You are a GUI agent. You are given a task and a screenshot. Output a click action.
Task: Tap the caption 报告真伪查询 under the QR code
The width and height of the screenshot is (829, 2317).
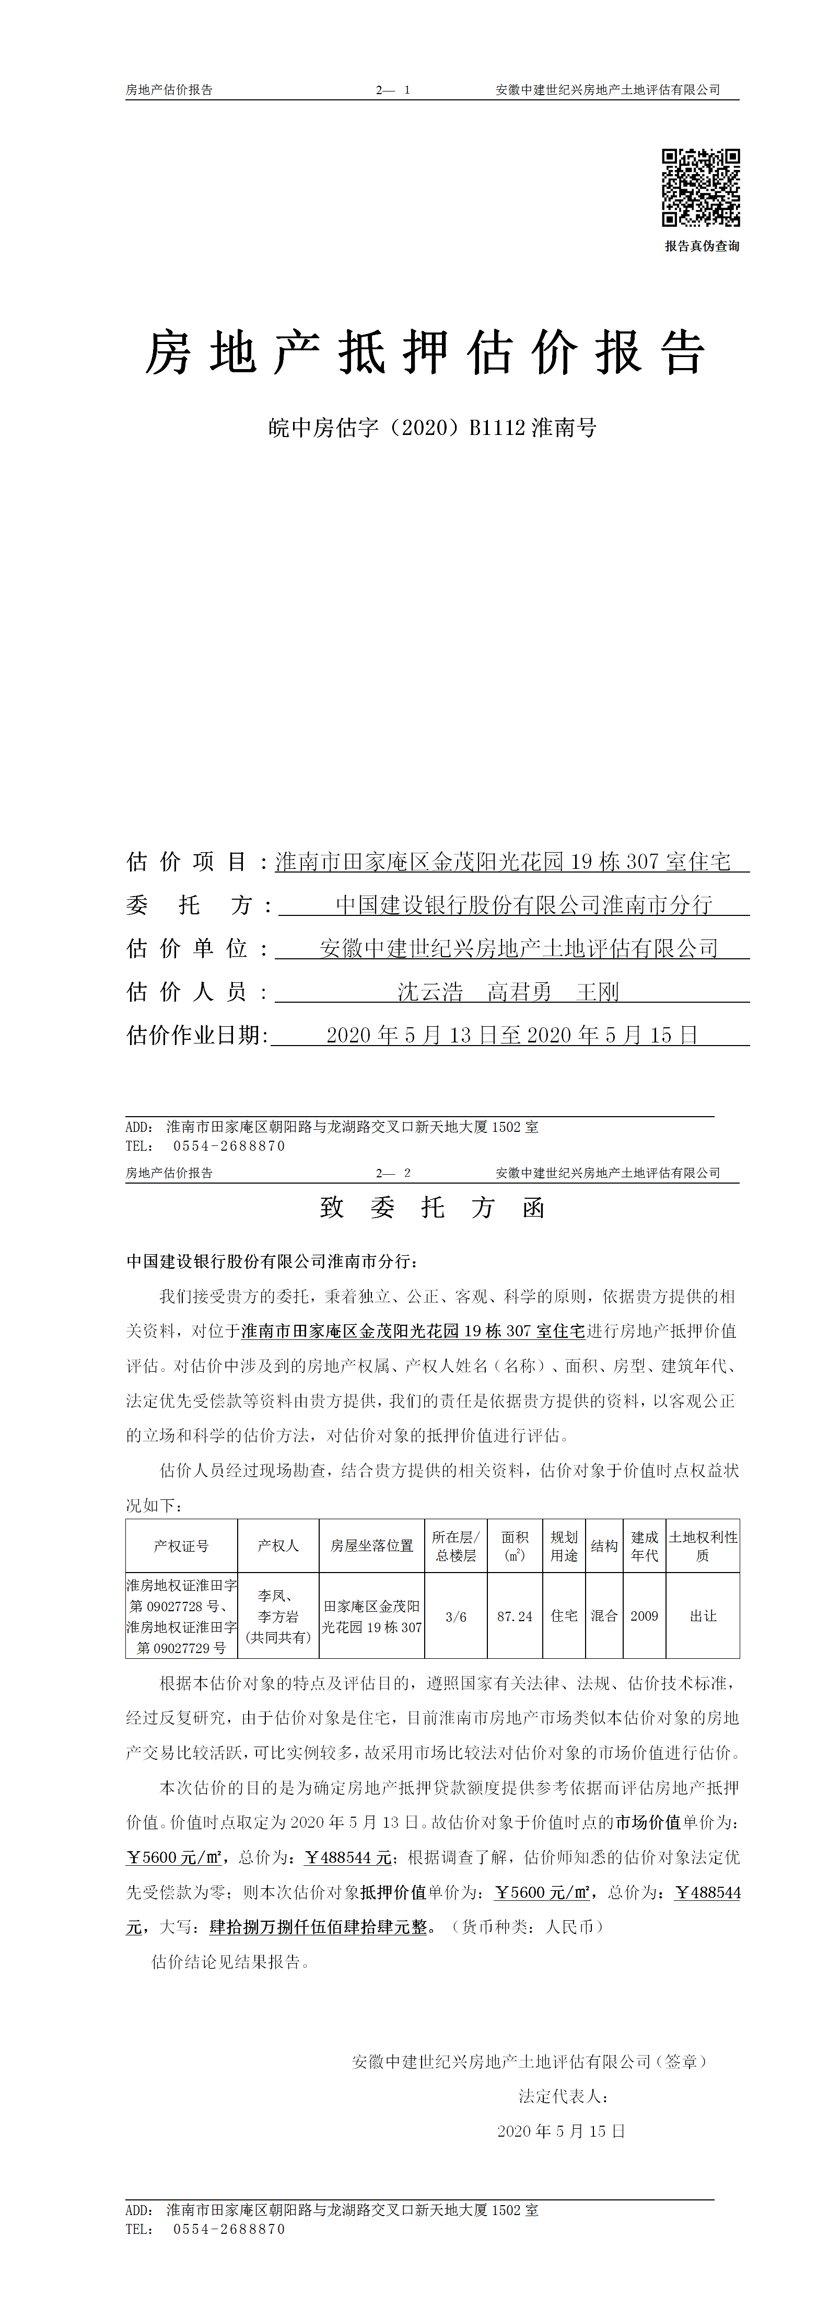pos(702,246)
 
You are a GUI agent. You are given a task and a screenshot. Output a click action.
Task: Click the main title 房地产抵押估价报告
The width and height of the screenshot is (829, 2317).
pos(424,352)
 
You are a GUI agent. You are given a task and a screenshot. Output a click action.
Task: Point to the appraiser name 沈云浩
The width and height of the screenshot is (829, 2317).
pos(430,991)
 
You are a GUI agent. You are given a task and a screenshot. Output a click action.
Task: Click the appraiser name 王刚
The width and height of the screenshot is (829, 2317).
pos(597,991)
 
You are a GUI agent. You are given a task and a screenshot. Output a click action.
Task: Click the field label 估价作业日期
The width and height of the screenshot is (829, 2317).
pos(197,1035)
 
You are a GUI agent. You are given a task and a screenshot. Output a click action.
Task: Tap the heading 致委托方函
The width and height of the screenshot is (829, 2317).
pos(433,1207)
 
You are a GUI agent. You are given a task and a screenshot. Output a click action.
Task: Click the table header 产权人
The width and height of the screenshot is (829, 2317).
pos(278,1545)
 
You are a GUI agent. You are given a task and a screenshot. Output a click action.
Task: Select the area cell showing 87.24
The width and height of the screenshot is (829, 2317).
pos(515,1616)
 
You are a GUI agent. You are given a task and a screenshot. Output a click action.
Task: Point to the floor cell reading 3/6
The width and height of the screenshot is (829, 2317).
pos(456,1616)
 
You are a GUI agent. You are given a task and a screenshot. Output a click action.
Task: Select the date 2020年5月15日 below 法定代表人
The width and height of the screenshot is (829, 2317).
pos(561,2131)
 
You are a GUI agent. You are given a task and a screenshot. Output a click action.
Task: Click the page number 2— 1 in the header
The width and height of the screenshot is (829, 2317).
pos(393,90)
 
